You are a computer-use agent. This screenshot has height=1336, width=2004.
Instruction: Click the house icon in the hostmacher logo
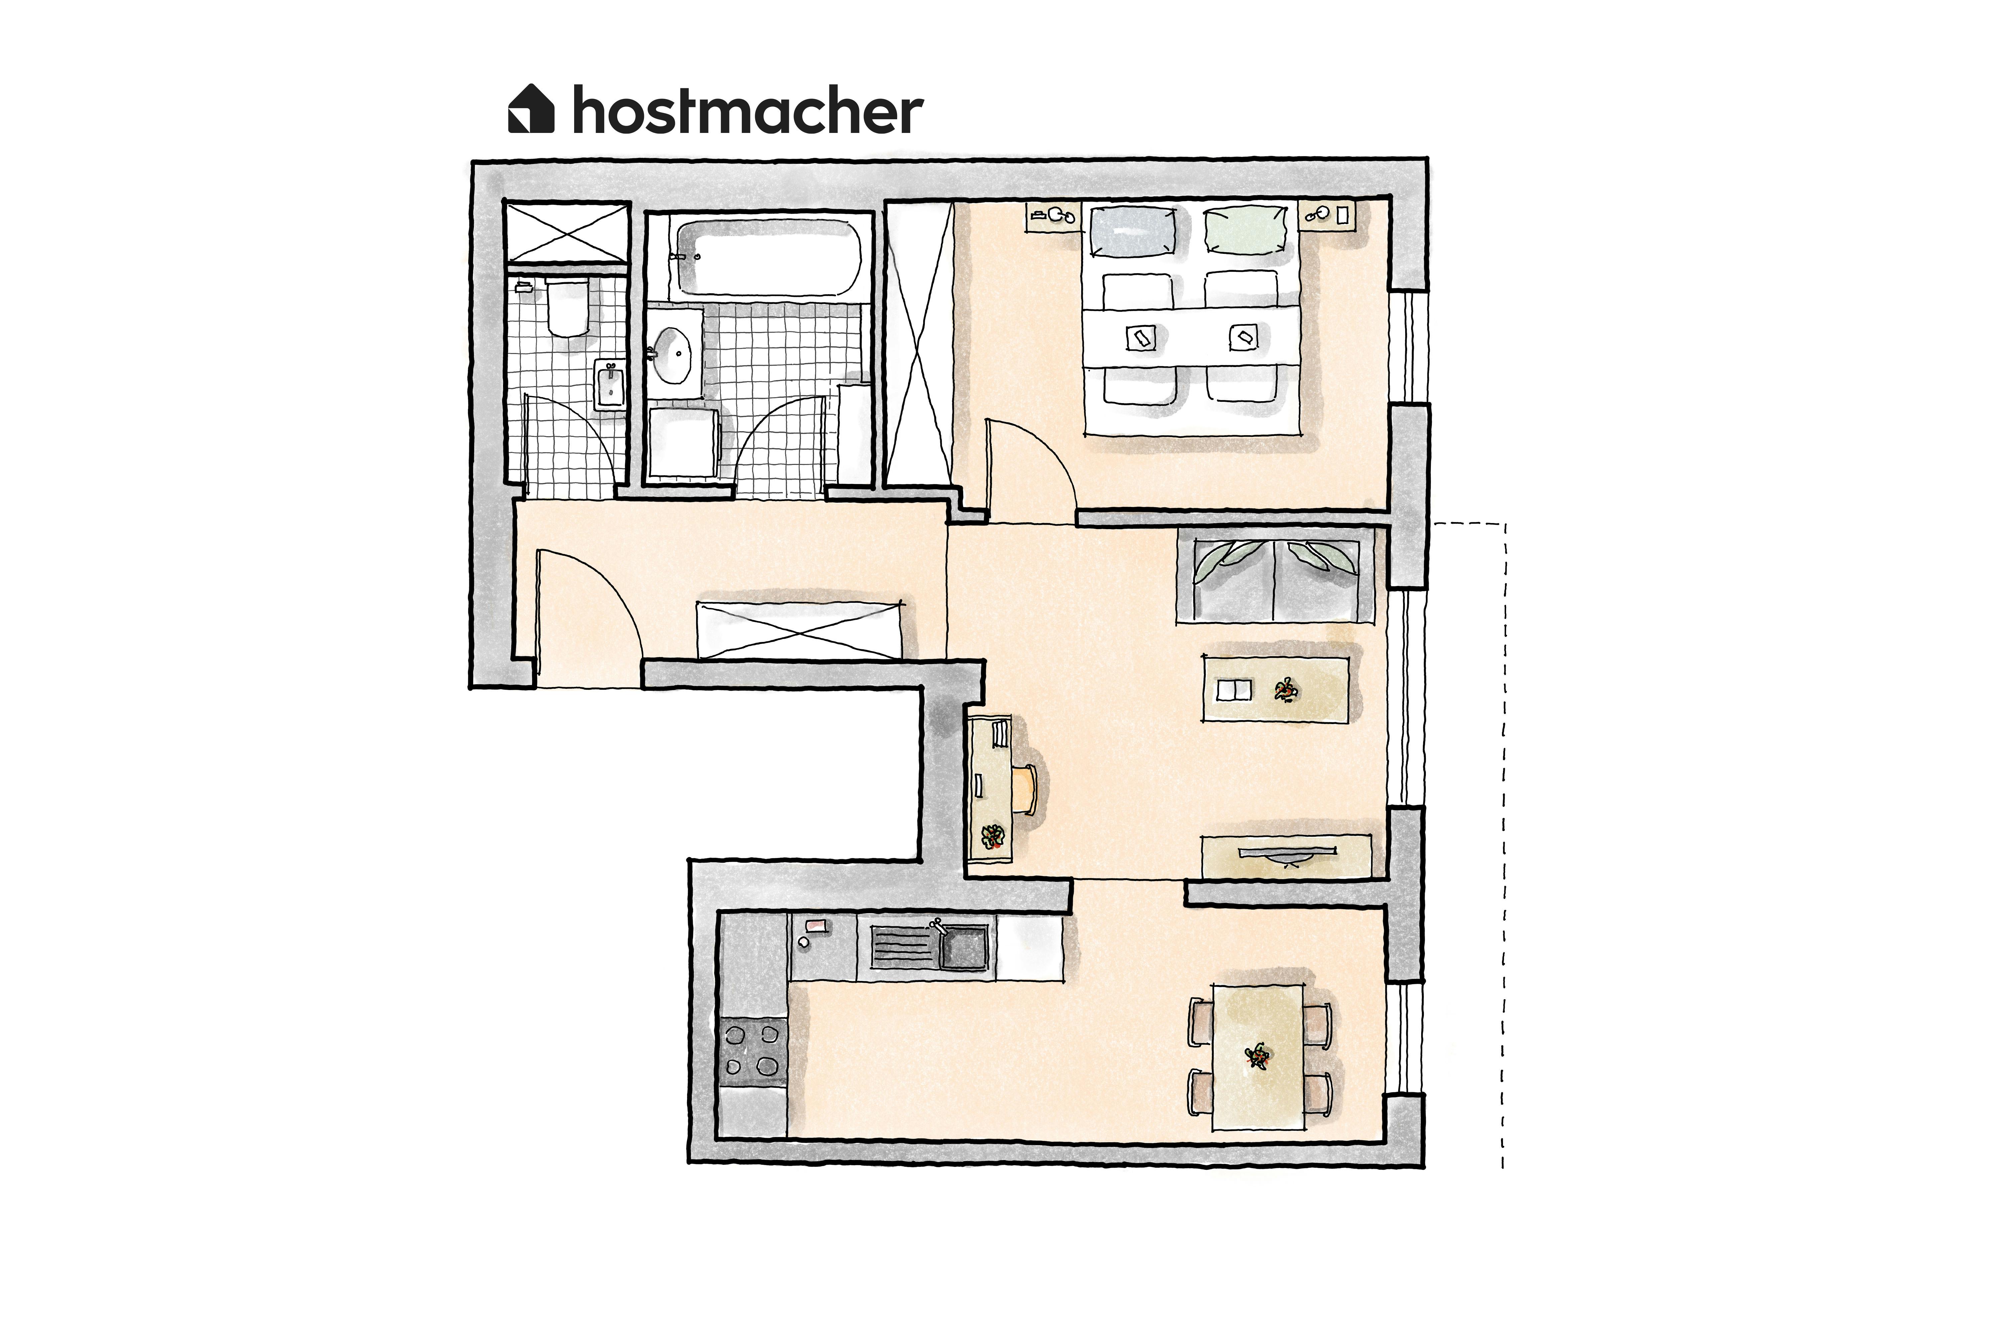(531, 109)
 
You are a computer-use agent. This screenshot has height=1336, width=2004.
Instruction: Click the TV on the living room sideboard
(1287, 853)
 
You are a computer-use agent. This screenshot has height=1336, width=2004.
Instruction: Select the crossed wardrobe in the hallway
(800, 631)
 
